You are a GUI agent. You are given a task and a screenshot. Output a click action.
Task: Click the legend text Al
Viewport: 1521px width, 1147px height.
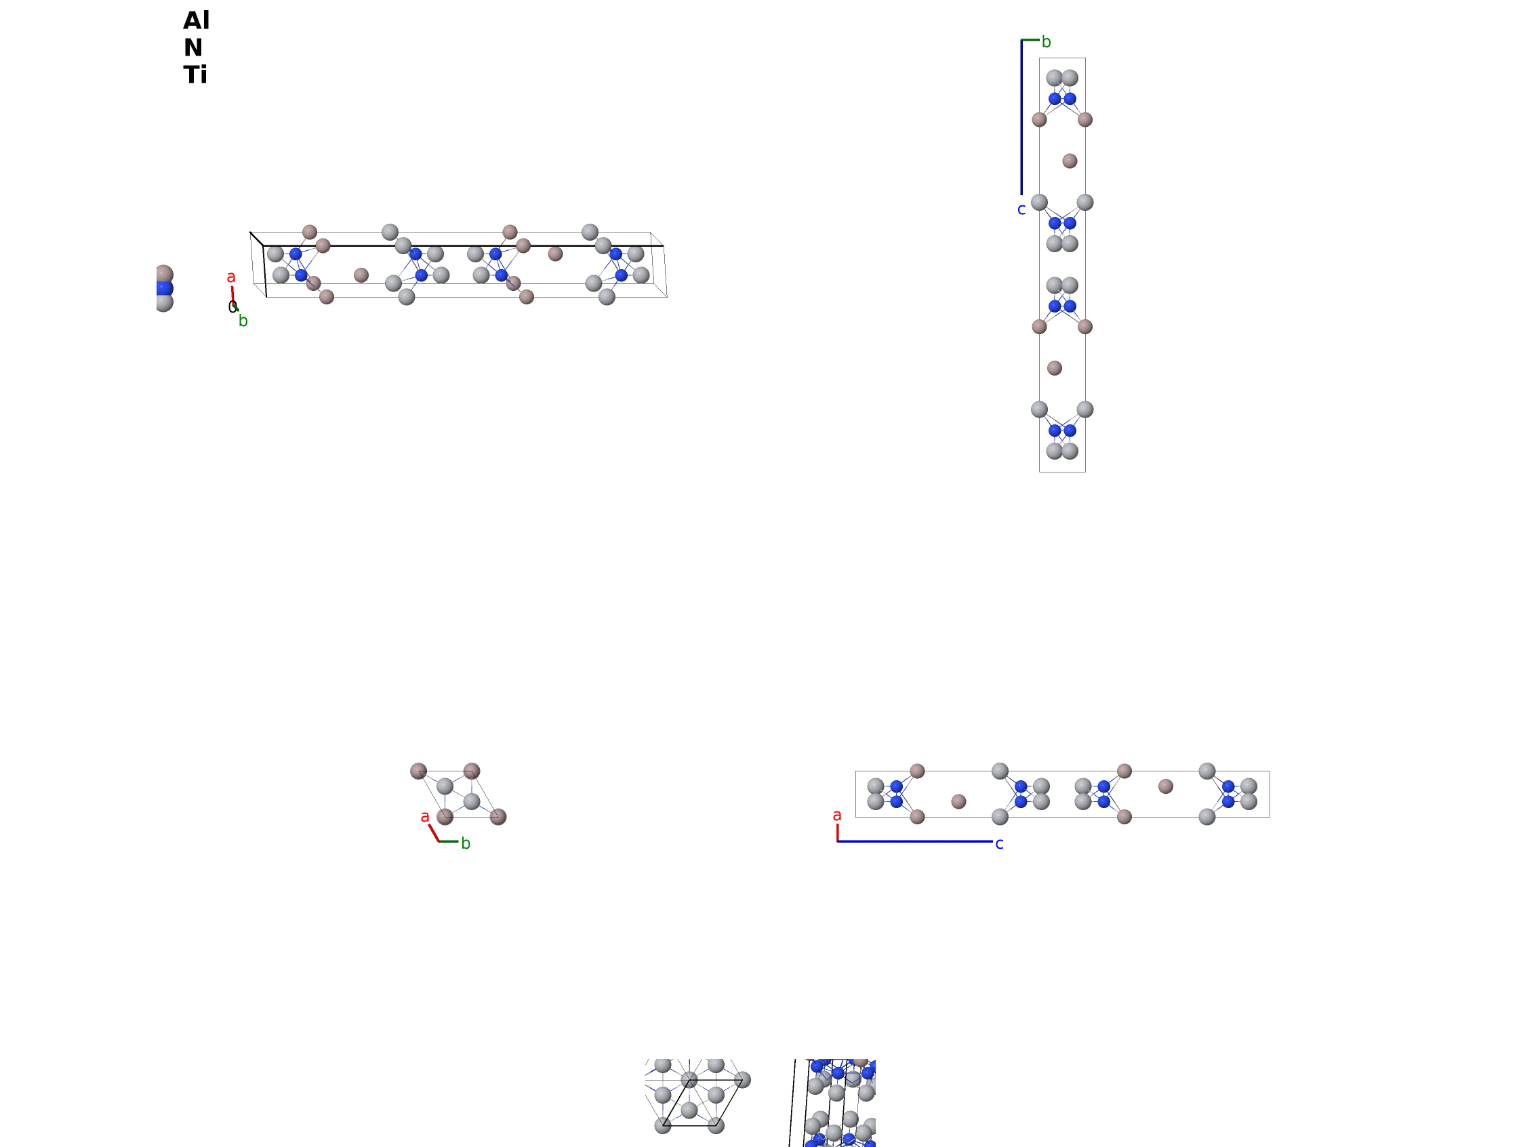pyautogui.click(x=196, y=20)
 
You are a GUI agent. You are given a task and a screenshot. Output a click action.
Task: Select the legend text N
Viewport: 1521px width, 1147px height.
pyautogui.click(x=193, y=47)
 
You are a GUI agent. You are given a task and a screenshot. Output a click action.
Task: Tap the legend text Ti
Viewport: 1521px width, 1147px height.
pyautogui.click(x=195, y=75)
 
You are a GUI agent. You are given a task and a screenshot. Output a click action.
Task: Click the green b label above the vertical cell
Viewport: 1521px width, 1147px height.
pyautogui.click(x=1046, y=42)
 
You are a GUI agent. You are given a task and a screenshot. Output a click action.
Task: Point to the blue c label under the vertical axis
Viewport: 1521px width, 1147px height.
pyautogui.click(x=1021, y=209)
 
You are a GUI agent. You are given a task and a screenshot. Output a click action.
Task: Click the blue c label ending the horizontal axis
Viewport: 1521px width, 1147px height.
pyautogui.click(x=999, y=844)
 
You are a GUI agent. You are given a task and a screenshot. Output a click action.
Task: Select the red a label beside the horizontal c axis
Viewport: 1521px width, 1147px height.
pyautogui.click(x=837, y=816)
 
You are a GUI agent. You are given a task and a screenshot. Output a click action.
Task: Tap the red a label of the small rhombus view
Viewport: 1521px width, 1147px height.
pyautogui.click(x=425, y=817)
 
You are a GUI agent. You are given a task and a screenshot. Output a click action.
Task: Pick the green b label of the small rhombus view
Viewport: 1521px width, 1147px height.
pyautogui.click(x=466, y=843)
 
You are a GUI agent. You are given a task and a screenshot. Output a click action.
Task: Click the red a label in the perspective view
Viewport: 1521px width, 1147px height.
pyautogui.click(x=231, y=277)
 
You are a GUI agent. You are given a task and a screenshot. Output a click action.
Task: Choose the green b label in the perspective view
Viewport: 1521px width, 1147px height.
pyautogui.click(x=243, y=321)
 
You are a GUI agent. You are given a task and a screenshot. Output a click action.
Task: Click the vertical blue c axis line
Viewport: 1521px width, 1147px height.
pyautogui.click(x=1021, y=117)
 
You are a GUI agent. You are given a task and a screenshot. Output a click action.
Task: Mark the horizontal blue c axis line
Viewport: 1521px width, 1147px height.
pyautogui.click(x=914, y=841)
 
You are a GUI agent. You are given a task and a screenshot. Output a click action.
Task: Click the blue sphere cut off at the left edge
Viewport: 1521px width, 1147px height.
pyautogui.click(x=164, y=289)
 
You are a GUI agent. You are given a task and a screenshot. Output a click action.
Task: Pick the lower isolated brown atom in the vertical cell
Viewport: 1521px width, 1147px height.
pyautogui.click(x=1054, y=368)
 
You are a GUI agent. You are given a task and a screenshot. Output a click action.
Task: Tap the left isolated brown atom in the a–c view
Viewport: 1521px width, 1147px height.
pyautogui.click(x=958, y=801)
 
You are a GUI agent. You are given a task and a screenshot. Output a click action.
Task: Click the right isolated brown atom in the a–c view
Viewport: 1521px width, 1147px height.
pyautogui.click(x=1166, y=786)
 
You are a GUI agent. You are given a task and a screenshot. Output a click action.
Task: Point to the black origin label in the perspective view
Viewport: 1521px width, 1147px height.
pyautogui.click(x=232, y=306)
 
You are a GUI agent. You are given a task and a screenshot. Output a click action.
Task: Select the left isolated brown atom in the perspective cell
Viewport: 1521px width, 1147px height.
pyautogui.click(x=361, y=275)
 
